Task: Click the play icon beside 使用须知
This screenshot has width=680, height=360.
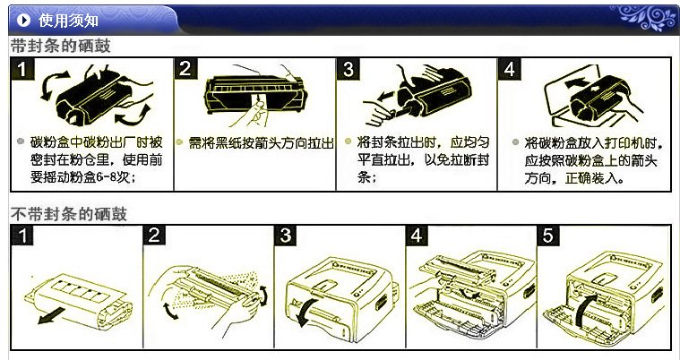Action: tap(24, 21)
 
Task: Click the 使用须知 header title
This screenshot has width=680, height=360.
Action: tap(68, 21)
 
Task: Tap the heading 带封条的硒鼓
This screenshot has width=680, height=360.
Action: tap(61, 46)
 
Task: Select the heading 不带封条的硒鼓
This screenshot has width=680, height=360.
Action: tap(68, 214)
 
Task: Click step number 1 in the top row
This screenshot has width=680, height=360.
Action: tap(22, 70)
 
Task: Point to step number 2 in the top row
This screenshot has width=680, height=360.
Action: tap(185, 69)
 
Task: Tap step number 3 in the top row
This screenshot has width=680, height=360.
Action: tap(349, 69)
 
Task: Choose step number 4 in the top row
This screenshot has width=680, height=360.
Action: tap(510, 69)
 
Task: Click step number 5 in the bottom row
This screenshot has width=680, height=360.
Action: tap(548, 236)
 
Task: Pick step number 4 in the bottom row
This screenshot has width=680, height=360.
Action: tap(417, 236)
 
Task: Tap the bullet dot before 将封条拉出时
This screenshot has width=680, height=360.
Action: tap(348, 141)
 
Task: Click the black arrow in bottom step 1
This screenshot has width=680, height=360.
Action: tap(51, 316)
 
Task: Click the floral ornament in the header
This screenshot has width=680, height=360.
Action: tap(643, 17)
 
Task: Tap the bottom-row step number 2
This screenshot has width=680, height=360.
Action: tap(154, 236)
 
